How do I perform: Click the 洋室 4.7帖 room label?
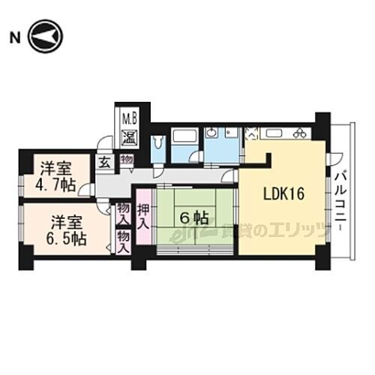(54, 175)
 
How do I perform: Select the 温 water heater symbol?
(129, 137)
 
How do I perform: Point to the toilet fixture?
(158, 143)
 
